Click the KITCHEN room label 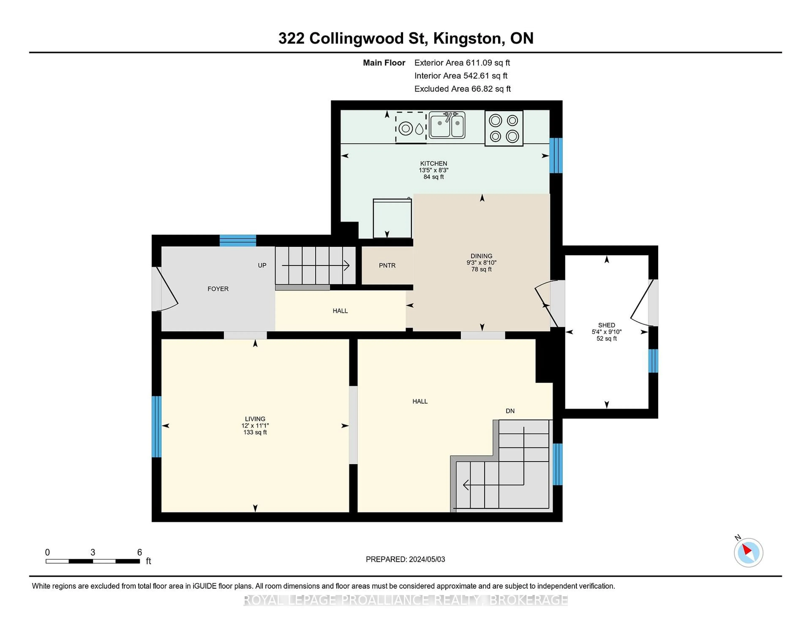[433, 164]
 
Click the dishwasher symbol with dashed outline [411, 127]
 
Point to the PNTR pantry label [387, 265]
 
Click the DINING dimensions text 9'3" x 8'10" [481, 263]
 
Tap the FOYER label [218, 289]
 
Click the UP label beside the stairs [262, 265]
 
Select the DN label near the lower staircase [510, 411]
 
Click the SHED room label [606, 325]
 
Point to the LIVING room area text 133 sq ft [255, 432]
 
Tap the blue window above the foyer [238, 241]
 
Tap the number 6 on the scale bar [140, 552]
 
